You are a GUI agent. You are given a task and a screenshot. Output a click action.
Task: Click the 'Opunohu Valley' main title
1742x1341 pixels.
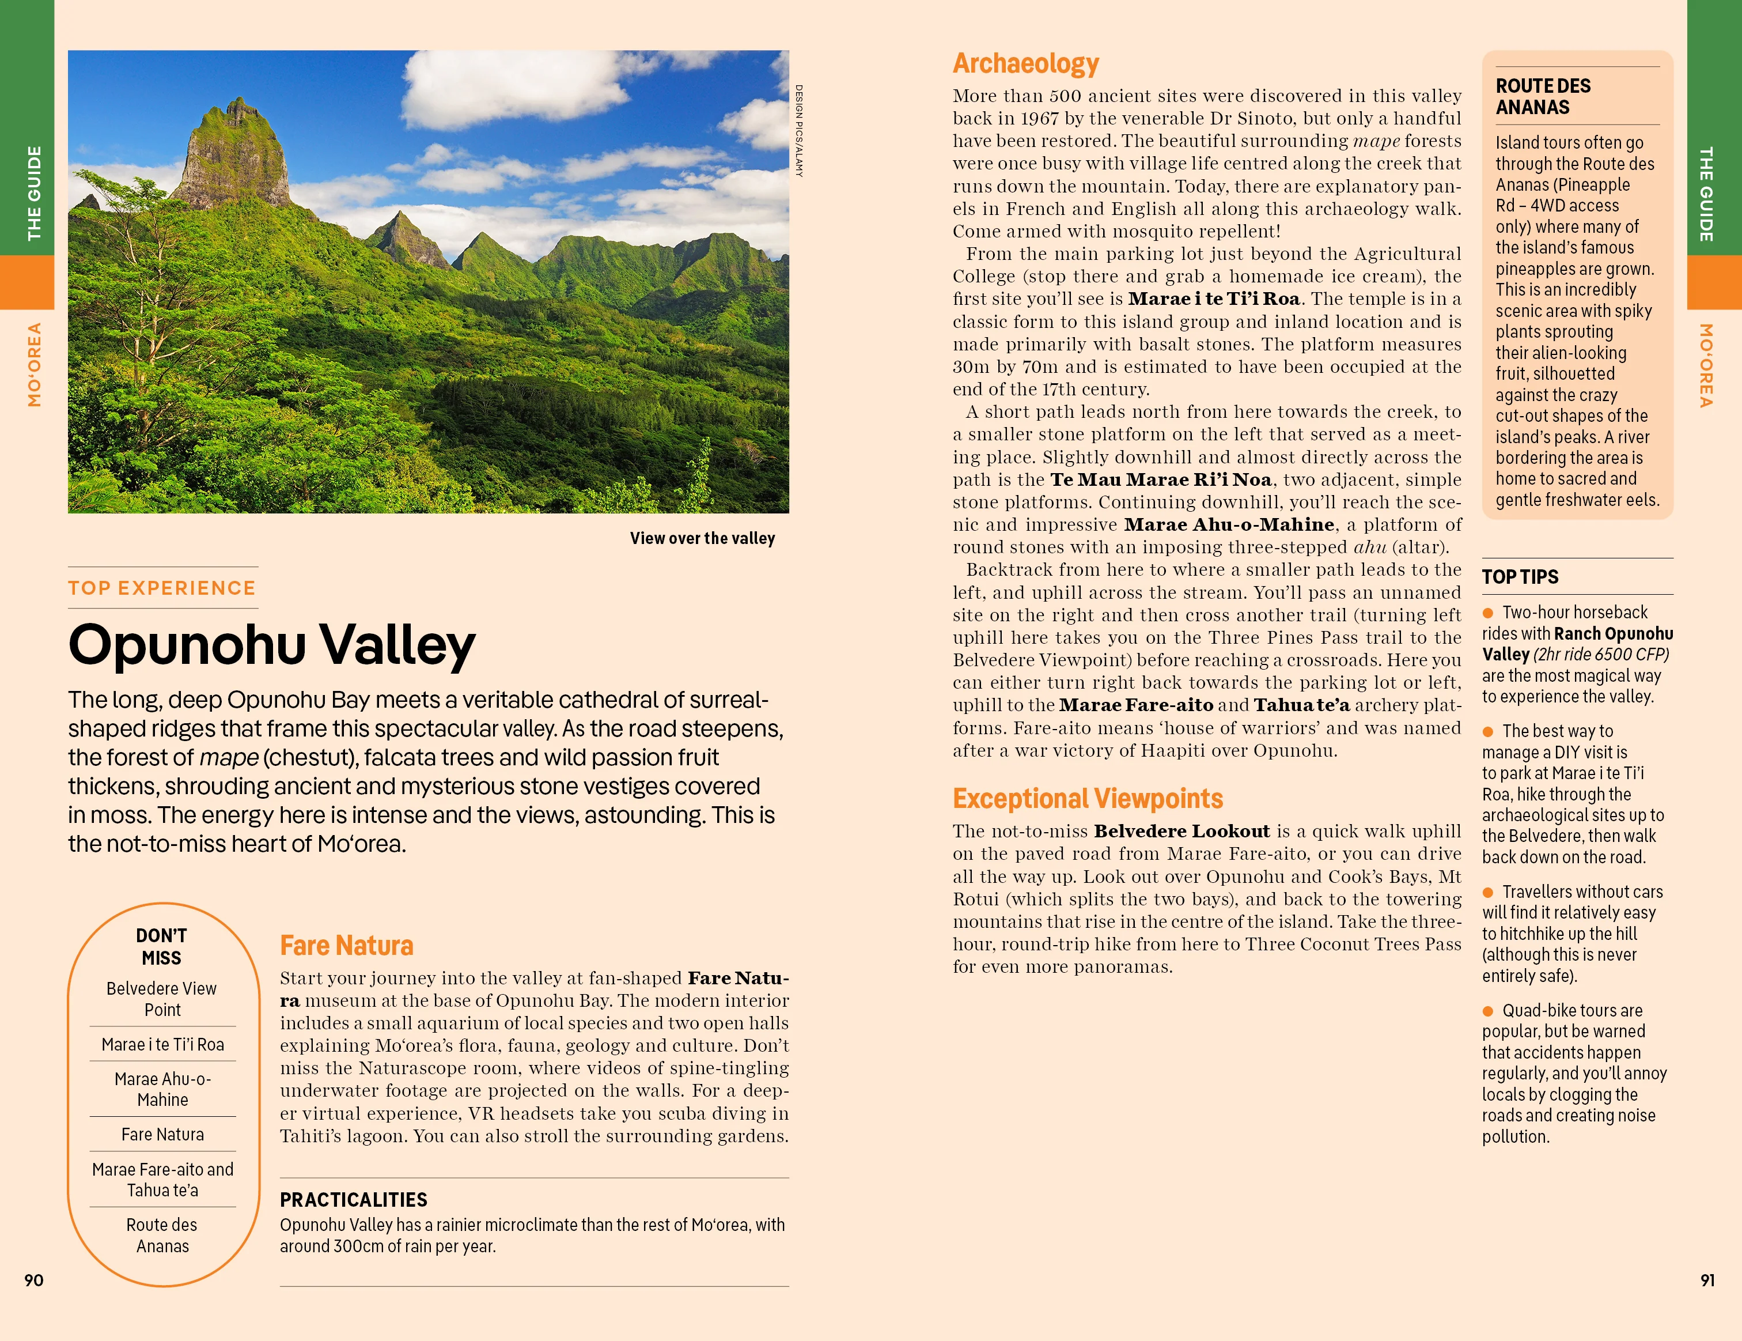point(272,645)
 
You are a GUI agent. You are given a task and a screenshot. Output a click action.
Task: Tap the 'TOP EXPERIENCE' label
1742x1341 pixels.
point(162,588)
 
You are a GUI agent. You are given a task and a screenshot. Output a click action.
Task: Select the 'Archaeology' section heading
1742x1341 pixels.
point(1026,63)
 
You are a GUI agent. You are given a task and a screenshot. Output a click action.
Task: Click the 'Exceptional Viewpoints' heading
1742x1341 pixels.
point(1087,799)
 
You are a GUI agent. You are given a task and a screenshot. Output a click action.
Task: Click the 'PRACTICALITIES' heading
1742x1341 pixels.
point(353,1200)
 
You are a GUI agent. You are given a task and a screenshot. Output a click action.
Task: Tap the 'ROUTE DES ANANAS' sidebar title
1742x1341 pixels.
point(1543,96)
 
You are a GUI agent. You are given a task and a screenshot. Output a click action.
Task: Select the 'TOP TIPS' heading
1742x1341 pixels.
point(1520,577)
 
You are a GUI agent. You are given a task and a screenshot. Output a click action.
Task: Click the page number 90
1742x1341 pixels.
point(33,1280)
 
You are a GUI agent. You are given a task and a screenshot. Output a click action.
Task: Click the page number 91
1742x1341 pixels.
point(1707,1280)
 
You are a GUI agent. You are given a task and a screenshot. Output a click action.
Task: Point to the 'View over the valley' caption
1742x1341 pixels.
point(702,538)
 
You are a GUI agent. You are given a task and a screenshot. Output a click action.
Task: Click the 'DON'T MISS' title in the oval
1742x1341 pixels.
point(162,946)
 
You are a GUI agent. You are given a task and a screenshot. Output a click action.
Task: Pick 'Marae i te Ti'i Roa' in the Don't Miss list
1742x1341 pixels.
point(162,1044)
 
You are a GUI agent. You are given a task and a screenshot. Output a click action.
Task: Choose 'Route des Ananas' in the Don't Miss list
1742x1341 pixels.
point(162,1235)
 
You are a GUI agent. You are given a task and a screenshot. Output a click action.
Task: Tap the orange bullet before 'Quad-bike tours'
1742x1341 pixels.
point(1487,1011)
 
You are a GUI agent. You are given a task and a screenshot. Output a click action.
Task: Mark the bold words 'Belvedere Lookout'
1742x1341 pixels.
point(1181,831)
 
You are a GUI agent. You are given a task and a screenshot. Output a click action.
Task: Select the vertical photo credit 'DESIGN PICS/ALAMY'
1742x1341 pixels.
point(798,131)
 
